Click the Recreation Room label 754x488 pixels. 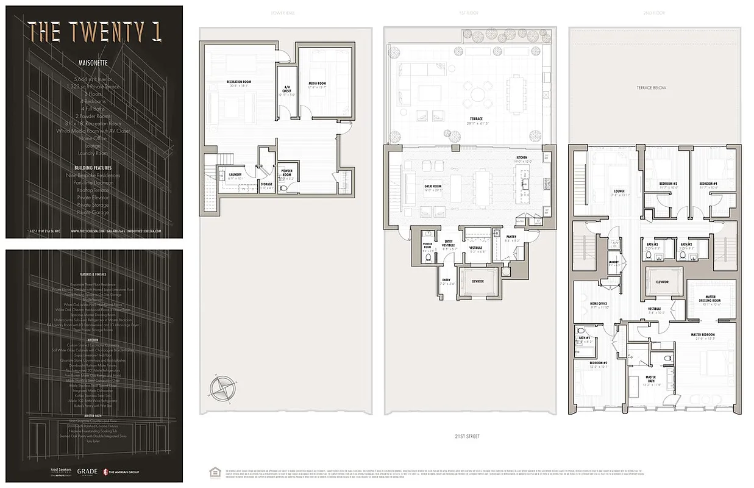(238, 82)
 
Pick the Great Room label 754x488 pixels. (432, 186)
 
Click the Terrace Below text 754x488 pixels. (652, 88)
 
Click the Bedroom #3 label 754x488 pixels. (668, 184)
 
